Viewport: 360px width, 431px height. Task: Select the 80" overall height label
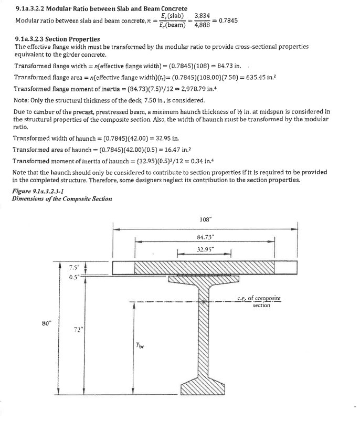point(46,322)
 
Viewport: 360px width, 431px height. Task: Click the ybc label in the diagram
point(140,346)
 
